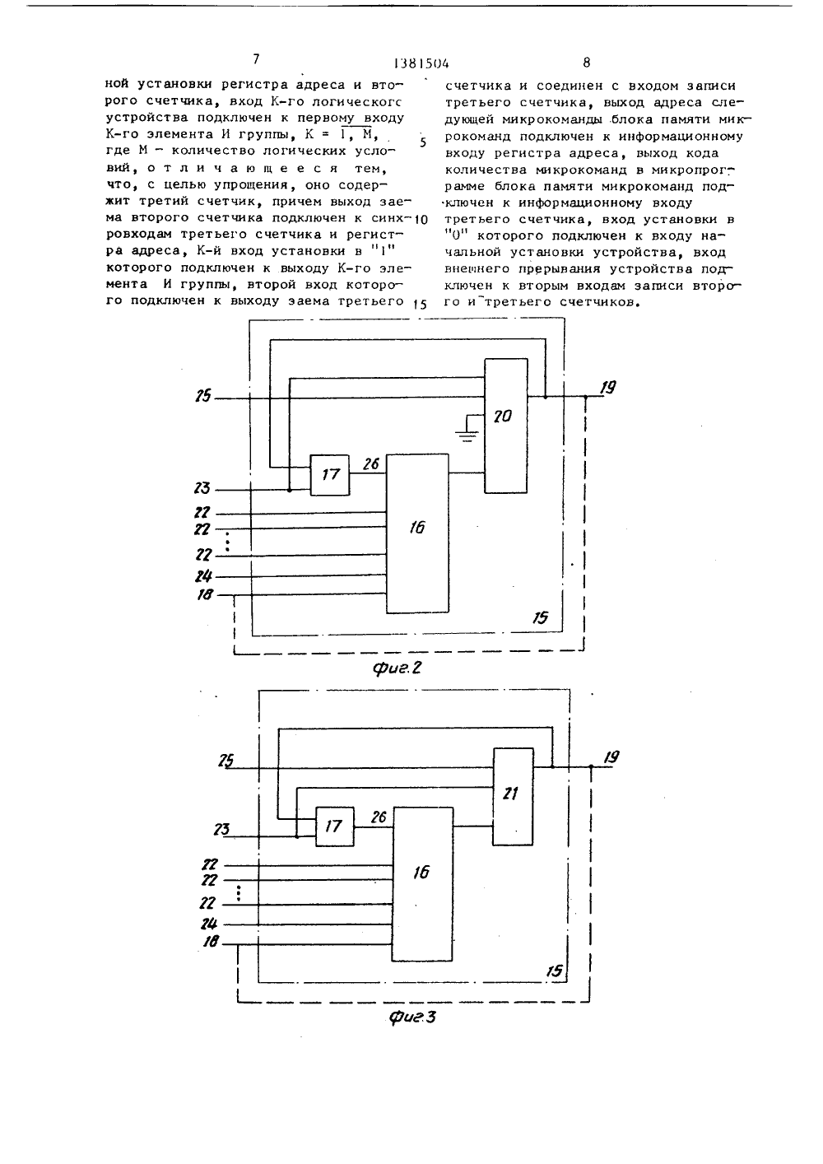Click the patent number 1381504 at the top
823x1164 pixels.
pos(422,63)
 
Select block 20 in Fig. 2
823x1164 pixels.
pos(506,426)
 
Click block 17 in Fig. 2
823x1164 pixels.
pos(330,475)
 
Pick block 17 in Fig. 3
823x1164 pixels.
pos(335,826)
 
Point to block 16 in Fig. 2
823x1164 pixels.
pos(417,533)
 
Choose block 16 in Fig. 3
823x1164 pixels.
pos(422,884)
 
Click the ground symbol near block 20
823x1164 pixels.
pos(468,434)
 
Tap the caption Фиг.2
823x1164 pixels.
pos(397,668)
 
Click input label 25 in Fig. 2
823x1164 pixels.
pos(203,397)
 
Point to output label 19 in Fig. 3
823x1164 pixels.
pos(611,757)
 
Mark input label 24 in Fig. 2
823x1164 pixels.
pos(203,575)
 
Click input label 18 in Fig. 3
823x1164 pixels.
pos(211,941)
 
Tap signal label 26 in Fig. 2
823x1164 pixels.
pos(371,463)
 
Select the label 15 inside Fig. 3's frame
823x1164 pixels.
pos(555,971)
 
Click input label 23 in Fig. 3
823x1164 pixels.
pos(221,829)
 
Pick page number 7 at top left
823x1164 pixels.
pos(256,60)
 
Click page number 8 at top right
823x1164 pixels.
pos(587,63)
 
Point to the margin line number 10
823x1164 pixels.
pos(421,220)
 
